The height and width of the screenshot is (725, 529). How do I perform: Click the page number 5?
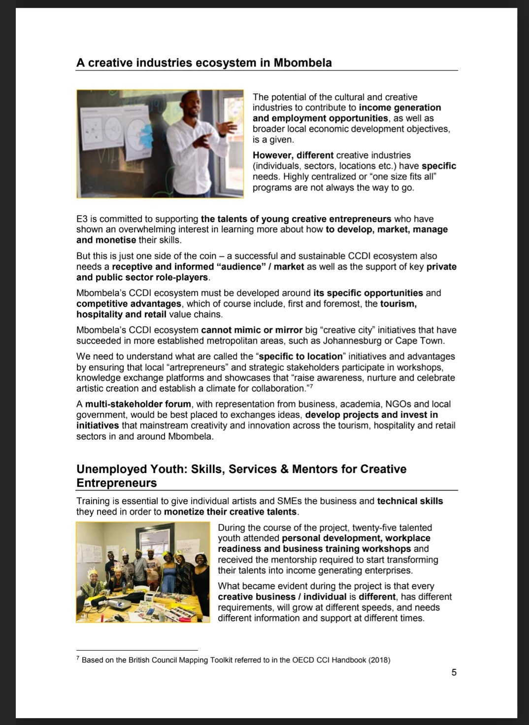454,672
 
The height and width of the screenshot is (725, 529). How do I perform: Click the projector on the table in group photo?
114,601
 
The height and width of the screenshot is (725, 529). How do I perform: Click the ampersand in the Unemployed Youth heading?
284,469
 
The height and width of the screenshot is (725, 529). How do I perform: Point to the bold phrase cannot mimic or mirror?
252,330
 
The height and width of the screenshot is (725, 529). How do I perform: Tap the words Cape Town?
427,341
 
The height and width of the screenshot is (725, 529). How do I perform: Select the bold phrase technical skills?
410,501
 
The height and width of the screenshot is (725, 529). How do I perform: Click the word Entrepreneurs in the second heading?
116,483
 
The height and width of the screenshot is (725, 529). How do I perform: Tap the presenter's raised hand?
228,127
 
